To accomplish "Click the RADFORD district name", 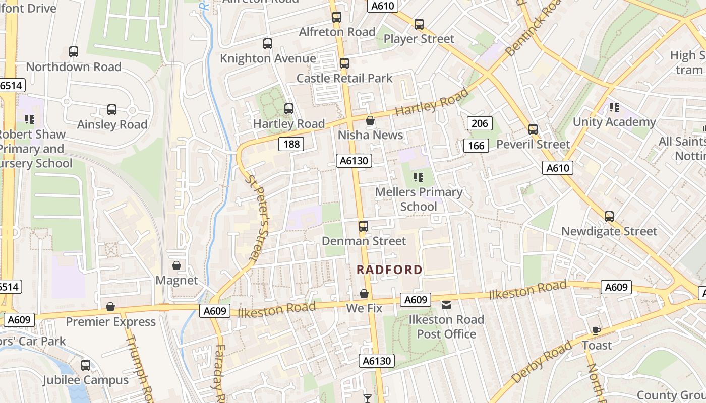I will pos(389,270).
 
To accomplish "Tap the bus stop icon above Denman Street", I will pos(364,226).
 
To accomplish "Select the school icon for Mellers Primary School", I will pos(418,177).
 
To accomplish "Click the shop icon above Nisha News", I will pos(370,120).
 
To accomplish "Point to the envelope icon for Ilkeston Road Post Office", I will pos(446,305).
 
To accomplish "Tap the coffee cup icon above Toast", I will pos(597,331).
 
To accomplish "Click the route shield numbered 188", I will pos(291,144).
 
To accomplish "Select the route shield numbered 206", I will pos(480,123).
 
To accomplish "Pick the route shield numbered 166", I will pos(476,146).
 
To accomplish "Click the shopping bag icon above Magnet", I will pos(177,265).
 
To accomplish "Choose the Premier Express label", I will pos(111,321).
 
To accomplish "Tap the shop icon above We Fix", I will pos(364,294).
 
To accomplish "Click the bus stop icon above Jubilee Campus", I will pos(86,365).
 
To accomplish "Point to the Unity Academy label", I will pos(614,122).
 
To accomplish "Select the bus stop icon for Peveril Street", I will pos(533,129).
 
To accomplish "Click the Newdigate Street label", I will pos(609,231).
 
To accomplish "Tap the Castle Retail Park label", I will pos(344,78).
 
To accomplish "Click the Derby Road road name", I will pos(542,362).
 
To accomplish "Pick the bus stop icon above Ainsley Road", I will pos(112,110).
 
